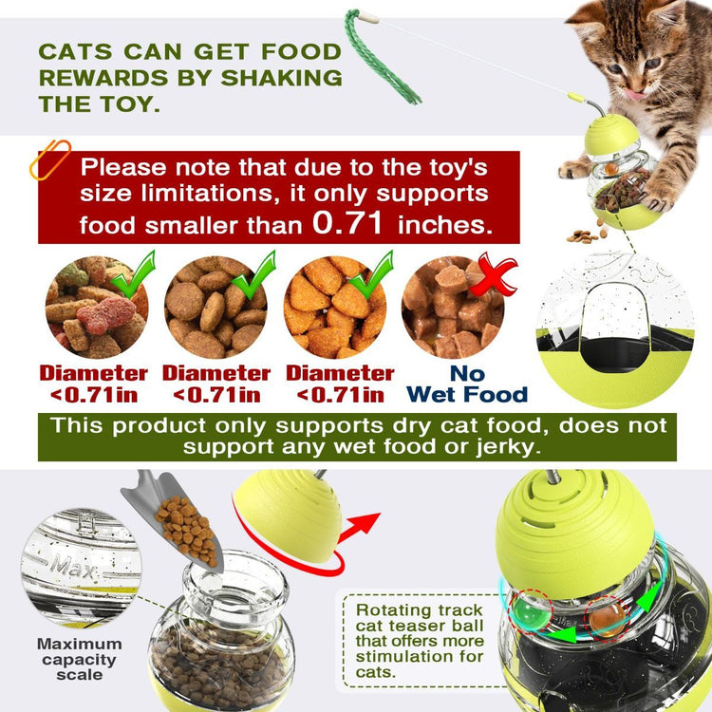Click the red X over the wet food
coord(494,274)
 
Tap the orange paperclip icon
coord(50,159)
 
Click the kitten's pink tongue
coord(633,94)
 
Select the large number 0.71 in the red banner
coord(347,222)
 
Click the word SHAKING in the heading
coord(282,78)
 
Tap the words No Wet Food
coord(467,384)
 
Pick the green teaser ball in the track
coord(530,613)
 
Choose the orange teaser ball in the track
coord(608,618)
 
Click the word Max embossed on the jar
coord(73,567)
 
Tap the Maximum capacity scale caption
coord(80,660)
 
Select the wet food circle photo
coord(453,307)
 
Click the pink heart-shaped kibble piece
coord(105,315)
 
